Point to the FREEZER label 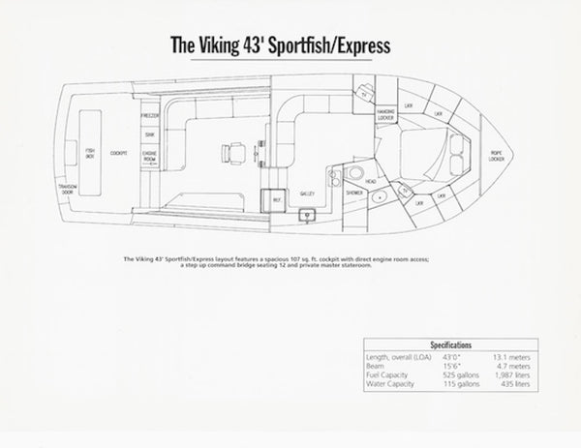[150, 116]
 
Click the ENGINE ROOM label [150, 157]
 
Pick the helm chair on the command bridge [230, 151]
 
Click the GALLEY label [309, 194]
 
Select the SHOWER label [353, 194]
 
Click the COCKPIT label [119, 153]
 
